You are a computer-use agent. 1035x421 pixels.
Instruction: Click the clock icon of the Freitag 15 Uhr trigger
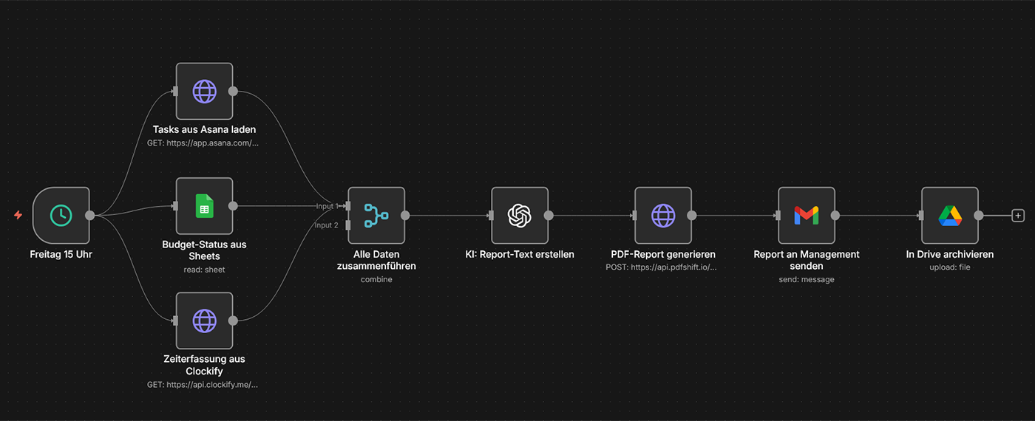(61, 215)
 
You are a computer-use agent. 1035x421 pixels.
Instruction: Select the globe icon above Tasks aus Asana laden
(204, 91)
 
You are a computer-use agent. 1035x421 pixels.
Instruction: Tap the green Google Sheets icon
(204, 206)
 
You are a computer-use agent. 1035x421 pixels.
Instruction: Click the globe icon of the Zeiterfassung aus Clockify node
(204, 321)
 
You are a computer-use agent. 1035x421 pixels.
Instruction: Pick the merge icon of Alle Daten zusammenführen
(376, 215)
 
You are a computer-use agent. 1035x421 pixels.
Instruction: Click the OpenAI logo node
(520, 215)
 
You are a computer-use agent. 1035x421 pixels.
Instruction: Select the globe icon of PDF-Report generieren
(663, 215)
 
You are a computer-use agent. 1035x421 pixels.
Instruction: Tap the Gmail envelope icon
(807, 215)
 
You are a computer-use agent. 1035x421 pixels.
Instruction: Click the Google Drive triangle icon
(950, 215)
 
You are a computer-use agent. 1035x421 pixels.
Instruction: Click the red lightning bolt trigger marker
(18, 215)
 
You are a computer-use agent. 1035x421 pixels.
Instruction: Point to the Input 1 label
(327, 206)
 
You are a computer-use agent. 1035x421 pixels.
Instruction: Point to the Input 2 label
(327, 225)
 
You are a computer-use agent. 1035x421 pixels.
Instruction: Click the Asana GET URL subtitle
(204, 143)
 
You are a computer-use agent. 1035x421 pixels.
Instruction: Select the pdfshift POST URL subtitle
(662, 267)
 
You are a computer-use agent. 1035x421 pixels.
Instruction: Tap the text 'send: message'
(807, 280)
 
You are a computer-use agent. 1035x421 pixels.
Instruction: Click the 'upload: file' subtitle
(950, 267)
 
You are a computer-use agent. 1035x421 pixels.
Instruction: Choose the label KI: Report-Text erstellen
(520, 254)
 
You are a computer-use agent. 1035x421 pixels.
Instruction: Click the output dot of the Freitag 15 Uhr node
(90, 215)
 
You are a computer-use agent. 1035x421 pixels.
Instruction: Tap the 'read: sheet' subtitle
(204, 270)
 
